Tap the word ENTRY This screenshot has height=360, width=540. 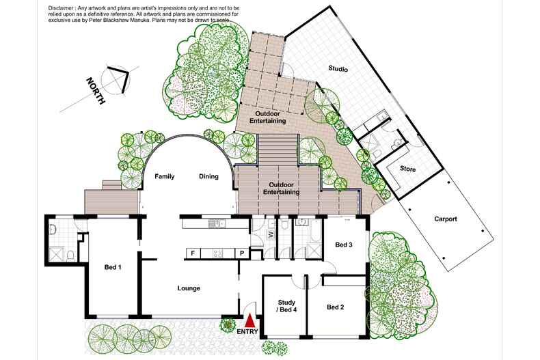point(247,332)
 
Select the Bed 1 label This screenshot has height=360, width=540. point(113,267)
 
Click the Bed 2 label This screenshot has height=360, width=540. point(335,307)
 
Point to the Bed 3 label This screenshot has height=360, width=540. point(344,245)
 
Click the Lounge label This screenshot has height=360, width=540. point(188,288)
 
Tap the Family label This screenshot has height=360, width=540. point(164,176)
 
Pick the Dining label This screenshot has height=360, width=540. point(208,176)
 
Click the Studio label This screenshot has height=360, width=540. point(338,69)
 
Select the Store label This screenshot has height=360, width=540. point(407,168)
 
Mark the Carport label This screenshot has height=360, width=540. point(445,219)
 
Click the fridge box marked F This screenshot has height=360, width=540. point(193,253)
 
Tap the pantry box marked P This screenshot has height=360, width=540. point(241,253)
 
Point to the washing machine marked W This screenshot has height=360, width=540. point(271,234)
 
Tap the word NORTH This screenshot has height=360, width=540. point(95,91)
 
